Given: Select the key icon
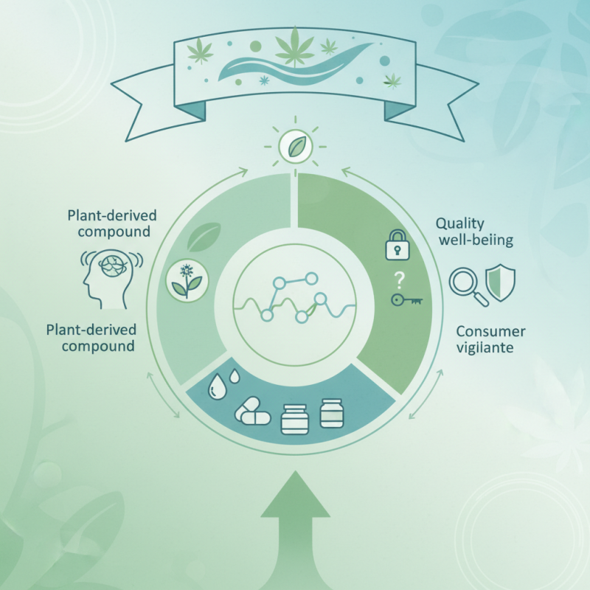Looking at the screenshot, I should tap(406, 301).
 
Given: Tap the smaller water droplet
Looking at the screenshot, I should tap(235, 376).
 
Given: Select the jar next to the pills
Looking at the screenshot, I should tap(294, 419).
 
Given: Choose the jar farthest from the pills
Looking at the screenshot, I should tap(332, 412).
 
